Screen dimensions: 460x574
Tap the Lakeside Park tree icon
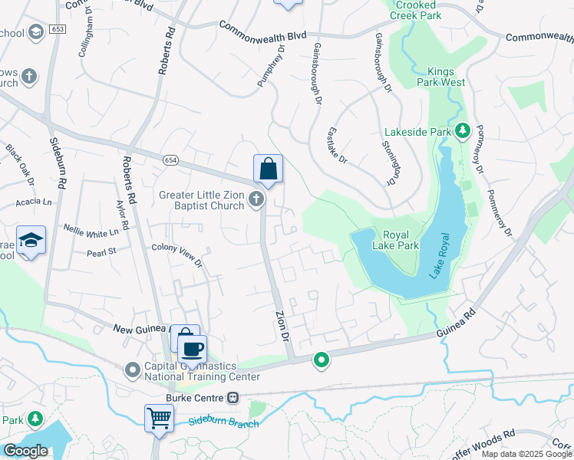coord(462,131)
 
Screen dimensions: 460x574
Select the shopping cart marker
coord(159,419)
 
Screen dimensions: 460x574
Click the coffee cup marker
coord(192,350)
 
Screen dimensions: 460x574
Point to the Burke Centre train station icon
coord(233,398)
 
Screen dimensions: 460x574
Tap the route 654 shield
coord(170,159)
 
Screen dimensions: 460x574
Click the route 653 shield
coord(58,28)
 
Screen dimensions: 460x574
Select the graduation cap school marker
coord(31,241)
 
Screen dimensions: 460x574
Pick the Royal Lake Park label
coord(395,240)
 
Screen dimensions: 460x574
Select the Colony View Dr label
coord(176,255)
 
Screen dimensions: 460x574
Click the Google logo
coord(25,451)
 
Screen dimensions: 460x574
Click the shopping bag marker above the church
coord(268,169)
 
